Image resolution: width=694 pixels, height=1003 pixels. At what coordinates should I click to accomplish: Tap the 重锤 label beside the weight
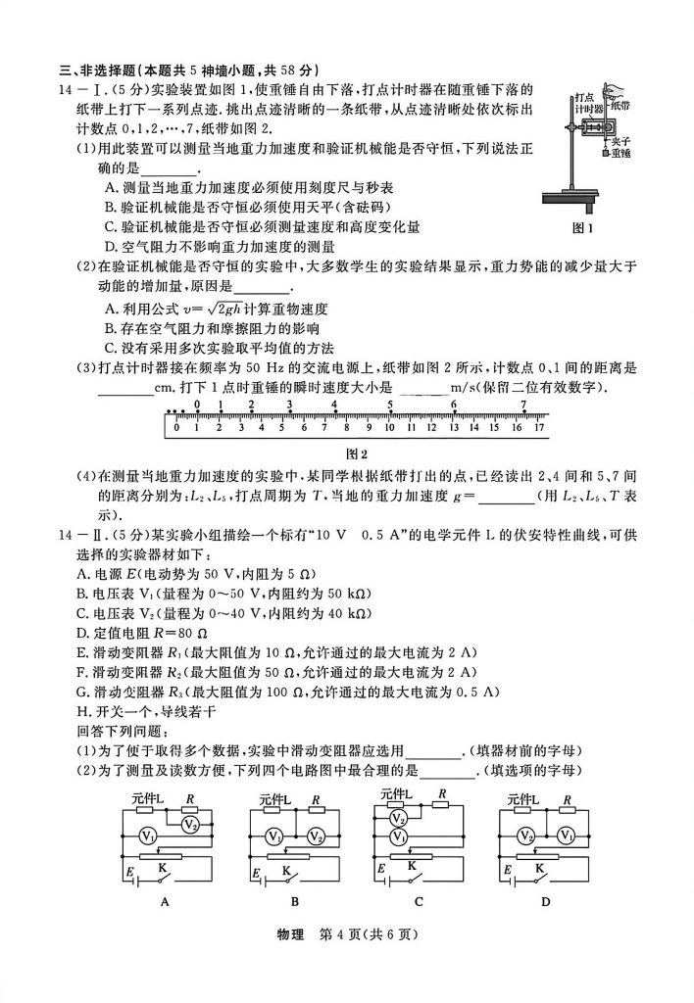coord(619,154)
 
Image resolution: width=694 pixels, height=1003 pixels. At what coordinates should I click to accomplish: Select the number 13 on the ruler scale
coord(455,427)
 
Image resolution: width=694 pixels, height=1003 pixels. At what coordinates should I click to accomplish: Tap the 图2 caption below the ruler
coord(356,454)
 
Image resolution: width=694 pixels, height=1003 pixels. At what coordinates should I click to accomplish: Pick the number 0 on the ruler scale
coord(176,427)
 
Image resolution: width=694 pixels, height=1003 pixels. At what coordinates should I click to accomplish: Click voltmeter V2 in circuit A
coord(191,825)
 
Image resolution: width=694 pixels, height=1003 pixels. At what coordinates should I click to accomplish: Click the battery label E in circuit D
coord(503,871)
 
